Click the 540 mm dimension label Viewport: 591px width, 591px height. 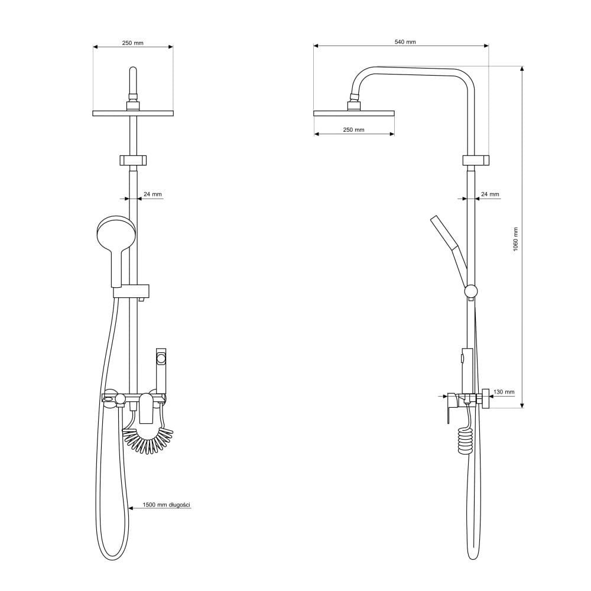pyautogui.click(x=405, y=42)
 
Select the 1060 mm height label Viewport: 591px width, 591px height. pyautogui.click(x=515, y=239)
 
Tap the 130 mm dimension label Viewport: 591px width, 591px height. pyautogui.click(x=504, y=392)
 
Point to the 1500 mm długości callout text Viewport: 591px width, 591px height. pyautogui.click(x=166, y=505)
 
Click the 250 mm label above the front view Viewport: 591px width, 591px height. pyautogui.click(x=132, y=43)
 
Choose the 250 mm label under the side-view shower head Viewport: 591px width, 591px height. pyautogui.click(x=353, y=129)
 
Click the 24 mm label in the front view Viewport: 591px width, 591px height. pyautogui.click(x=152, y=194)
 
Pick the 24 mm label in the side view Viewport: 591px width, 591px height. pyautogui.click(x=490, y=194)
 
